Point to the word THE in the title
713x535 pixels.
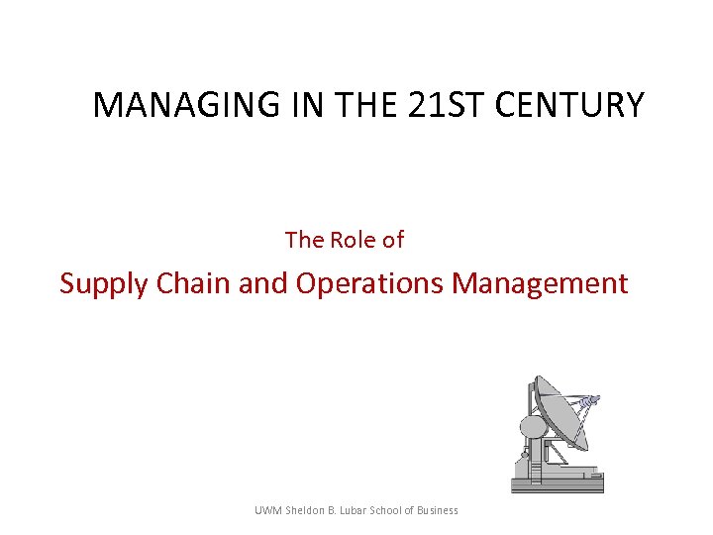click(366, 105)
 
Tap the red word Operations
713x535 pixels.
click(370, 283)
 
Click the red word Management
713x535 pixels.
click(540, 284)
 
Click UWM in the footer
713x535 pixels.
click(267, 510)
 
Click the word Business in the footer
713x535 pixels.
click(439, 510)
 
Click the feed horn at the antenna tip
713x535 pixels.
click(590, 402)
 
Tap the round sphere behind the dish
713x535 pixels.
click(533, 427)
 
